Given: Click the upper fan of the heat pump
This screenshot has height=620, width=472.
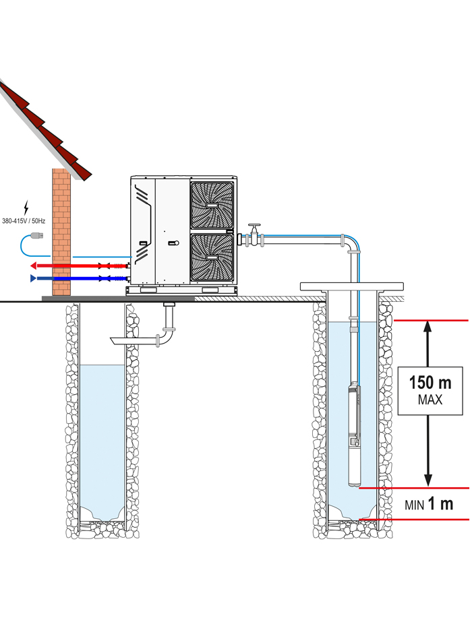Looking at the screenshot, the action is coord(212,205).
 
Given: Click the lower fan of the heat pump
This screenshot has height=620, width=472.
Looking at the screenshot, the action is coord(212,257).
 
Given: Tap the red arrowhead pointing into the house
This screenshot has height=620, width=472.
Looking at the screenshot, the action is coord(34,266).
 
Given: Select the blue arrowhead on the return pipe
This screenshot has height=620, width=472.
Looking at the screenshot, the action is coord(33,278).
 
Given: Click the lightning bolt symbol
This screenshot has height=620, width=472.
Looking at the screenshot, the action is coord(26,208).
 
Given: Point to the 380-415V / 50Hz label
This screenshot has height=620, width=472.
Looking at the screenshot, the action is coord(24,221).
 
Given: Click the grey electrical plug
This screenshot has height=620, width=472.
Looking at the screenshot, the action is coord(37,236).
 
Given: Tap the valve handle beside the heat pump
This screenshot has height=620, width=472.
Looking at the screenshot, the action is coord(254,226).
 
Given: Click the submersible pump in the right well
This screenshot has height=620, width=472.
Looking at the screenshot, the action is coord(354,435).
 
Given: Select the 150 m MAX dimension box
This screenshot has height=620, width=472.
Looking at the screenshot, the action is coord(430,391).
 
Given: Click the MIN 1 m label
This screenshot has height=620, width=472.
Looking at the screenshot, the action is coord(429,504).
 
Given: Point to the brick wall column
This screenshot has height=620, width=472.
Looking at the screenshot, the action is coord(61,232).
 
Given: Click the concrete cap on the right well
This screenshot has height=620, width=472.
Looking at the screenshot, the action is coord(352,286).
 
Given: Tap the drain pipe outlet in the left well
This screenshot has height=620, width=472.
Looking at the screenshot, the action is coord(119,340).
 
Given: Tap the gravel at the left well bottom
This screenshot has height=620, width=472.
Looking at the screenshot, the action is coord(102,525).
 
